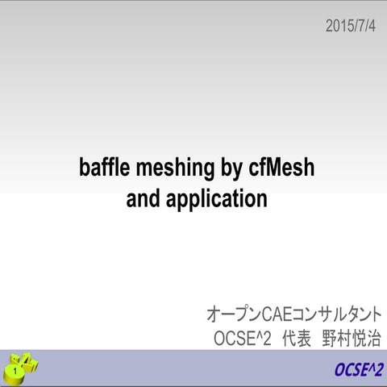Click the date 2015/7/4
point(351,26)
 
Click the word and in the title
point(144,198)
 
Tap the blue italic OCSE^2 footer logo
point(359,370)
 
